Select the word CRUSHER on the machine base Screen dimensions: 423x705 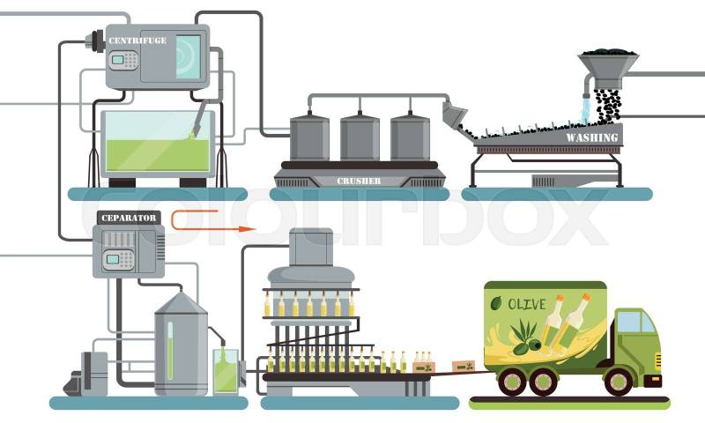pyautogui.click(x=360, y=182)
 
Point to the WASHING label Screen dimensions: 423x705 pyautogui.click(x=591, y=138)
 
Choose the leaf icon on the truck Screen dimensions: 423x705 pyautogui.click(x=496, y=304)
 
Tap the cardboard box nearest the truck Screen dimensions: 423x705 pyautogui.click(x=461, y=366)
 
